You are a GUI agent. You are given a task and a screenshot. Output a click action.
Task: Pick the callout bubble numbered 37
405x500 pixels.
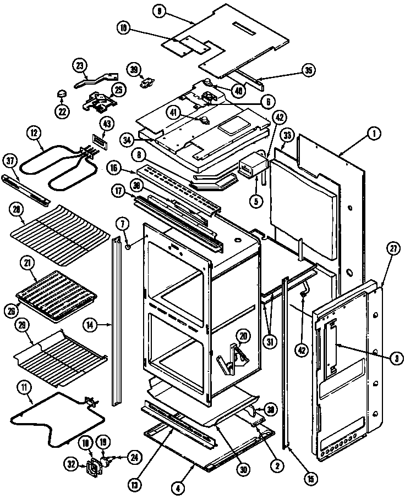tap(10, 160)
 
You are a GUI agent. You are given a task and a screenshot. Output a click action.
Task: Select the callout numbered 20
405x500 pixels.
tap(243, 336)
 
